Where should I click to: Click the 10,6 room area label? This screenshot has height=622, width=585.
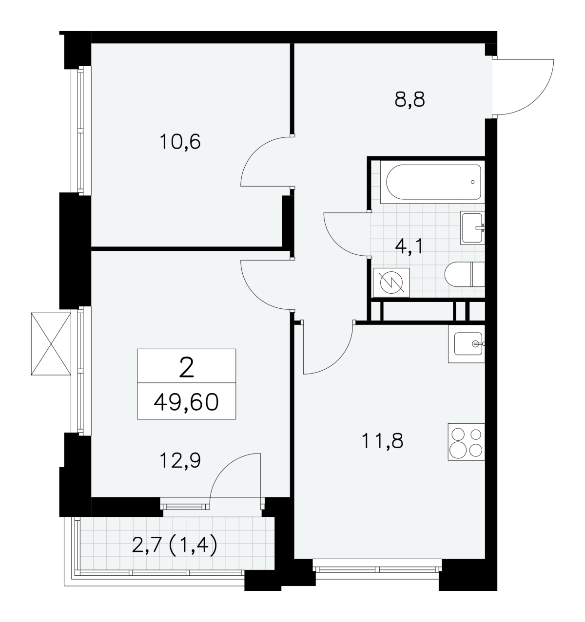(x=180, y=142)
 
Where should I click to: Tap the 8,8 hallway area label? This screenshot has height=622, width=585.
(x=409, y=100)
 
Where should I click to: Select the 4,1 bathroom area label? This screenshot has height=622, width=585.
(x=409, y=246)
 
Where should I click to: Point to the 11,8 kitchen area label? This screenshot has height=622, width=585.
(x=382, y=440)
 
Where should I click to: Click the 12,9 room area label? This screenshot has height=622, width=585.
(x=180, y=460)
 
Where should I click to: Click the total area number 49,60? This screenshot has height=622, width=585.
(x=186, y=402)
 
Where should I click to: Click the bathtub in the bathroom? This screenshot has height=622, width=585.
(x=433, y=182)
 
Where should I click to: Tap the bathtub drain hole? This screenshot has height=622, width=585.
(x=472, y=182)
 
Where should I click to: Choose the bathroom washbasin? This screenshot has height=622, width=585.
(x=472, y=227)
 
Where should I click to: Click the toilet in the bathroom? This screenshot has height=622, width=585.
(x=465, y=274)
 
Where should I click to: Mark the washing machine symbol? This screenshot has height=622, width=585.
(x=391, y=282)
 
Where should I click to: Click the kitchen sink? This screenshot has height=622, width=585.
(x=467, y=344)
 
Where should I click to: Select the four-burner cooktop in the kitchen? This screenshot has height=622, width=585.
(x=467, y=442)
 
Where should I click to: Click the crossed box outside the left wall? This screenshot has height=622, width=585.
(x=51, y=343)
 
